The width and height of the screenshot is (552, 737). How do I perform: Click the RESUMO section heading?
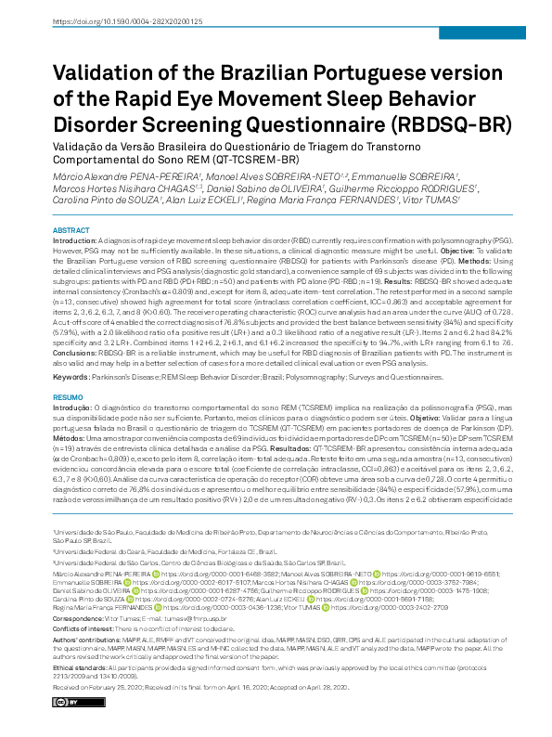[x=68, y=394]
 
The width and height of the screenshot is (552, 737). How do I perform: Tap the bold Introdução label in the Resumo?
[x=76, y=406]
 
